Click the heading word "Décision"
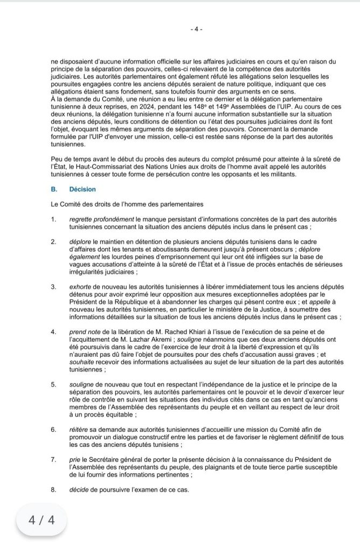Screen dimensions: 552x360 pyautogui.click(x=82, y=189)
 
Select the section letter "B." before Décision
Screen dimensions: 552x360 pyautogui.click(x=53, y=189)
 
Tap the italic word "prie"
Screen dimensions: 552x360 pyautogui.click(x=74, y=459)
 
